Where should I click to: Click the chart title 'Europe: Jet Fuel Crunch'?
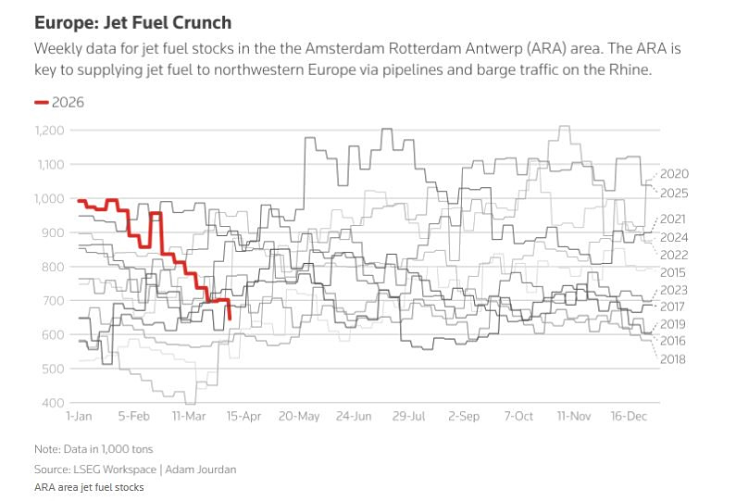pos(133,21)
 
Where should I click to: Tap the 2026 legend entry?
pos(68,103)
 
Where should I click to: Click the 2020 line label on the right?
pos(675,174)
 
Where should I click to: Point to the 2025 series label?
pos(675,193)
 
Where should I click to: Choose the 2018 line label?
pos(675,358)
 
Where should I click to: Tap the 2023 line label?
pos(675,290)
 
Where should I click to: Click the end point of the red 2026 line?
pos(229,319)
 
